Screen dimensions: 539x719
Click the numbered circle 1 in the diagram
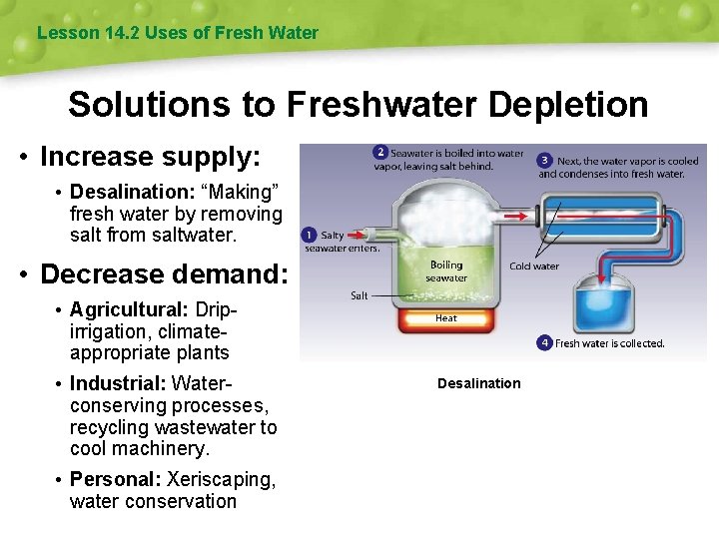310,236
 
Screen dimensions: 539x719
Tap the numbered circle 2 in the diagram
380,153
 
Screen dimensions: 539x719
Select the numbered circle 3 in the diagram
545,160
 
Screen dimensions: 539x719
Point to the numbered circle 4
544,343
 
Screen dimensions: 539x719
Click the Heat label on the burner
446,318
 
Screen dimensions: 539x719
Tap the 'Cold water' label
534,267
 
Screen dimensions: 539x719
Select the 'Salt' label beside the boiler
359,295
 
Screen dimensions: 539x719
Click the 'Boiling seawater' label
446,271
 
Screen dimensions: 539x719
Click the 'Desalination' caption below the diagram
479,383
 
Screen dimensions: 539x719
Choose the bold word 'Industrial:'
118,383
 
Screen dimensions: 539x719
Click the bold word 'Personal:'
115,479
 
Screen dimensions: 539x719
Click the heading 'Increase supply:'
150,157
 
